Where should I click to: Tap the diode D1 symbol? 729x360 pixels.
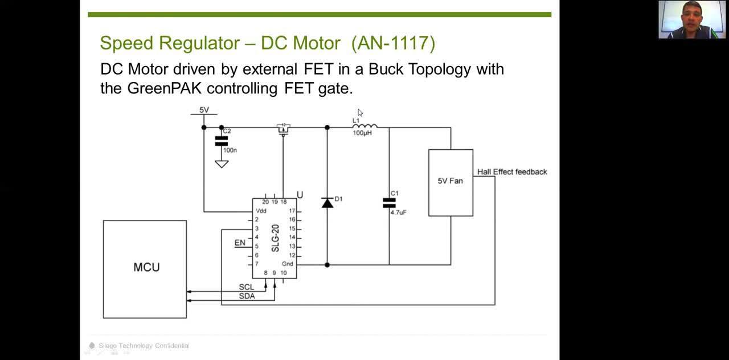pyautogui.click(x=327, y=202)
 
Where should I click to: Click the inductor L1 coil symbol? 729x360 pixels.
pyautogui.click(x=364, y=126)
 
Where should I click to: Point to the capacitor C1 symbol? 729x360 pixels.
pyautogui.click(x=389, y=203)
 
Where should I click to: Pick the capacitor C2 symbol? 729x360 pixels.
pyautogui.click(x=221, y=141)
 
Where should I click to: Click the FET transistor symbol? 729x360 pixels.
pyautogui.click(x=283, y=129)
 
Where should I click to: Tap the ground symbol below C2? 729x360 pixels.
pyautogui.click(x=221, y=164)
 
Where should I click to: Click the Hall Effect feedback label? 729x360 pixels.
pyautogui.click(x=511, y=171)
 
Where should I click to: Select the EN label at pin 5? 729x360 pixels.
pyautogui.click(x=240, y=243)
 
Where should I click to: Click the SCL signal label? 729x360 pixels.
pyautogui.click(x=247, y=287)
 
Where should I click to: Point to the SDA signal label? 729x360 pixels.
pyautogui.click(x=247, y=296)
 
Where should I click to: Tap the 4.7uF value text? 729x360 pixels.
pyautogui.click(x=398, y=212)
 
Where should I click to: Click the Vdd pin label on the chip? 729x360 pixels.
pyautogui.click(x=261, y=211)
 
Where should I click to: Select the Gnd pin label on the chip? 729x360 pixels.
pyautogui.click(x=288, y=264)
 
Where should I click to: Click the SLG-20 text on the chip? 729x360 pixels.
pyautogui.click(x=275, y=238)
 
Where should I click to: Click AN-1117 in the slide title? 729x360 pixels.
pyautogui.click(x=393, y=43)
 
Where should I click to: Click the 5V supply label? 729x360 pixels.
pyautogui.click(x=204, y=110)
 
